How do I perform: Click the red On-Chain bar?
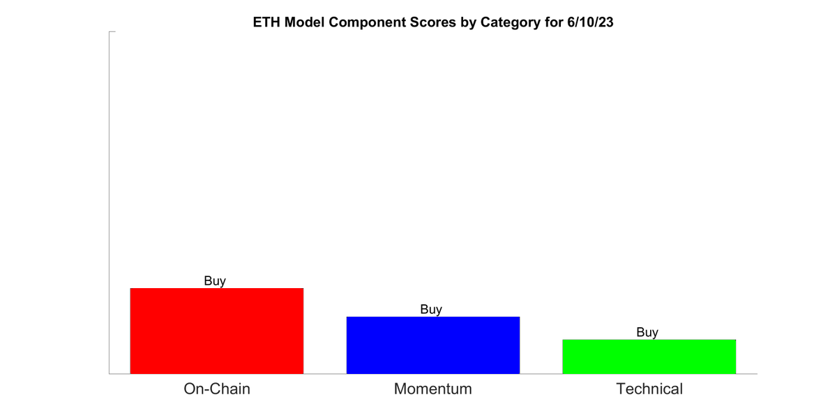[x=216, y=331]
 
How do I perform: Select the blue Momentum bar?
[x=432, y=345]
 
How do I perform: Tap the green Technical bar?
[x=649, y=357]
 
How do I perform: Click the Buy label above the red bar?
[x=215, y=281]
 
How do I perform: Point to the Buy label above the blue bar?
[x=431, y=309]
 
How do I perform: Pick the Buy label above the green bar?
[x=647, y=332]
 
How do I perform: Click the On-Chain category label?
[x=216, y=389]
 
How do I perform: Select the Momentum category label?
[x=432, y=389]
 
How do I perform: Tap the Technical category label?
[x=649, y=389]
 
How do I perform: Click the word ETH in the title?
[x=267, y=22]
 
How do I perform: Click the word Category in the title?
[x=501, y=22]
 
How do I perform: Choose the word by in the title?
[x=461, y=22]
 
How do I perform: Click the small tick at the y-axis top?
[x=112, y=31]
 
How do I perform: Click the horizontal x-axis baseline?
[x=432, y=374]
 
